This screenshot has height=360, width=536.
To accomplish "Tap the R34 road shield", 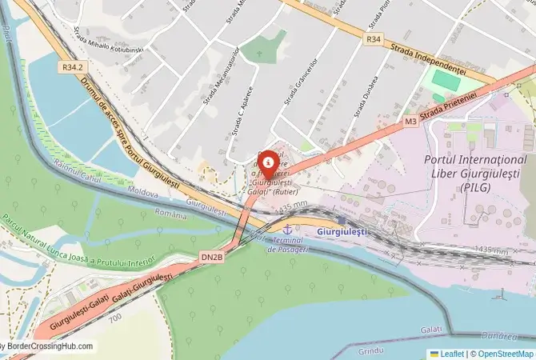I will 374,38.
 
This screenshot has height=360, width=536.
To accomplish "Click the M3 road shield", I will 410,122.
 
